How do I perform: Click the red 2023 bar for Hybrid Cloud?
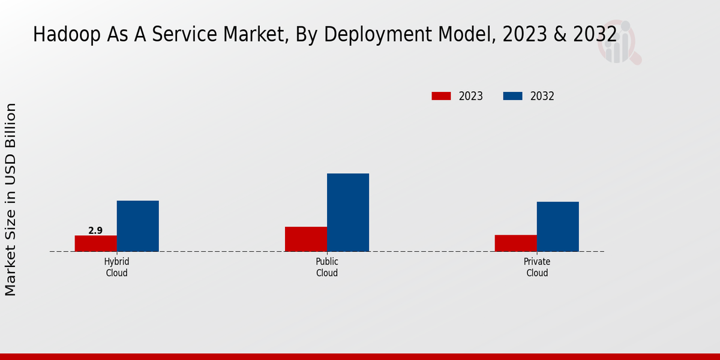[96, 243]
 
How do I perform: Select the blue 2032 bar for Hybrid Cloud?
[138, 226]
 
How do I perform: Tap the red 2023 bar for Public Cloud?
[306, 239]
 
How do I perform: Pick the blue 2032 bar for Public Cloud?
[348, 212]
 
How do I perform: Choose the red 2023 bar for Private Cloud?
[516, 243]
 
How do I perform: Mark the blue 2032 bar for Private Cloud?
[558, 226]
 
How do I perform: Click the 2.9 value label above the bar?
[95, 230]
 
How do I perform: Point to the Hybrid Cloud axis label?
[117, 268]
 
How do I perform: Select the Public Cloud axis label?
[327, 268]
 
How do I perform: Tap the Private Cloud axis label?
[537, 268]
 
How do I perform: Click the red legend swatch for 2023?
[441, 96]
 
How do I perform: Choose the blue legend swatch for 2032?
[512, 96]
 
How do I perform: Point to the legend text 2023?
[471, 96]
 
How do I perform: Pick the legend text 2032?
[542, 96]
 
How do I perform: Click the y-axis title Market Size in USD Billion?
[11, 199]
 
